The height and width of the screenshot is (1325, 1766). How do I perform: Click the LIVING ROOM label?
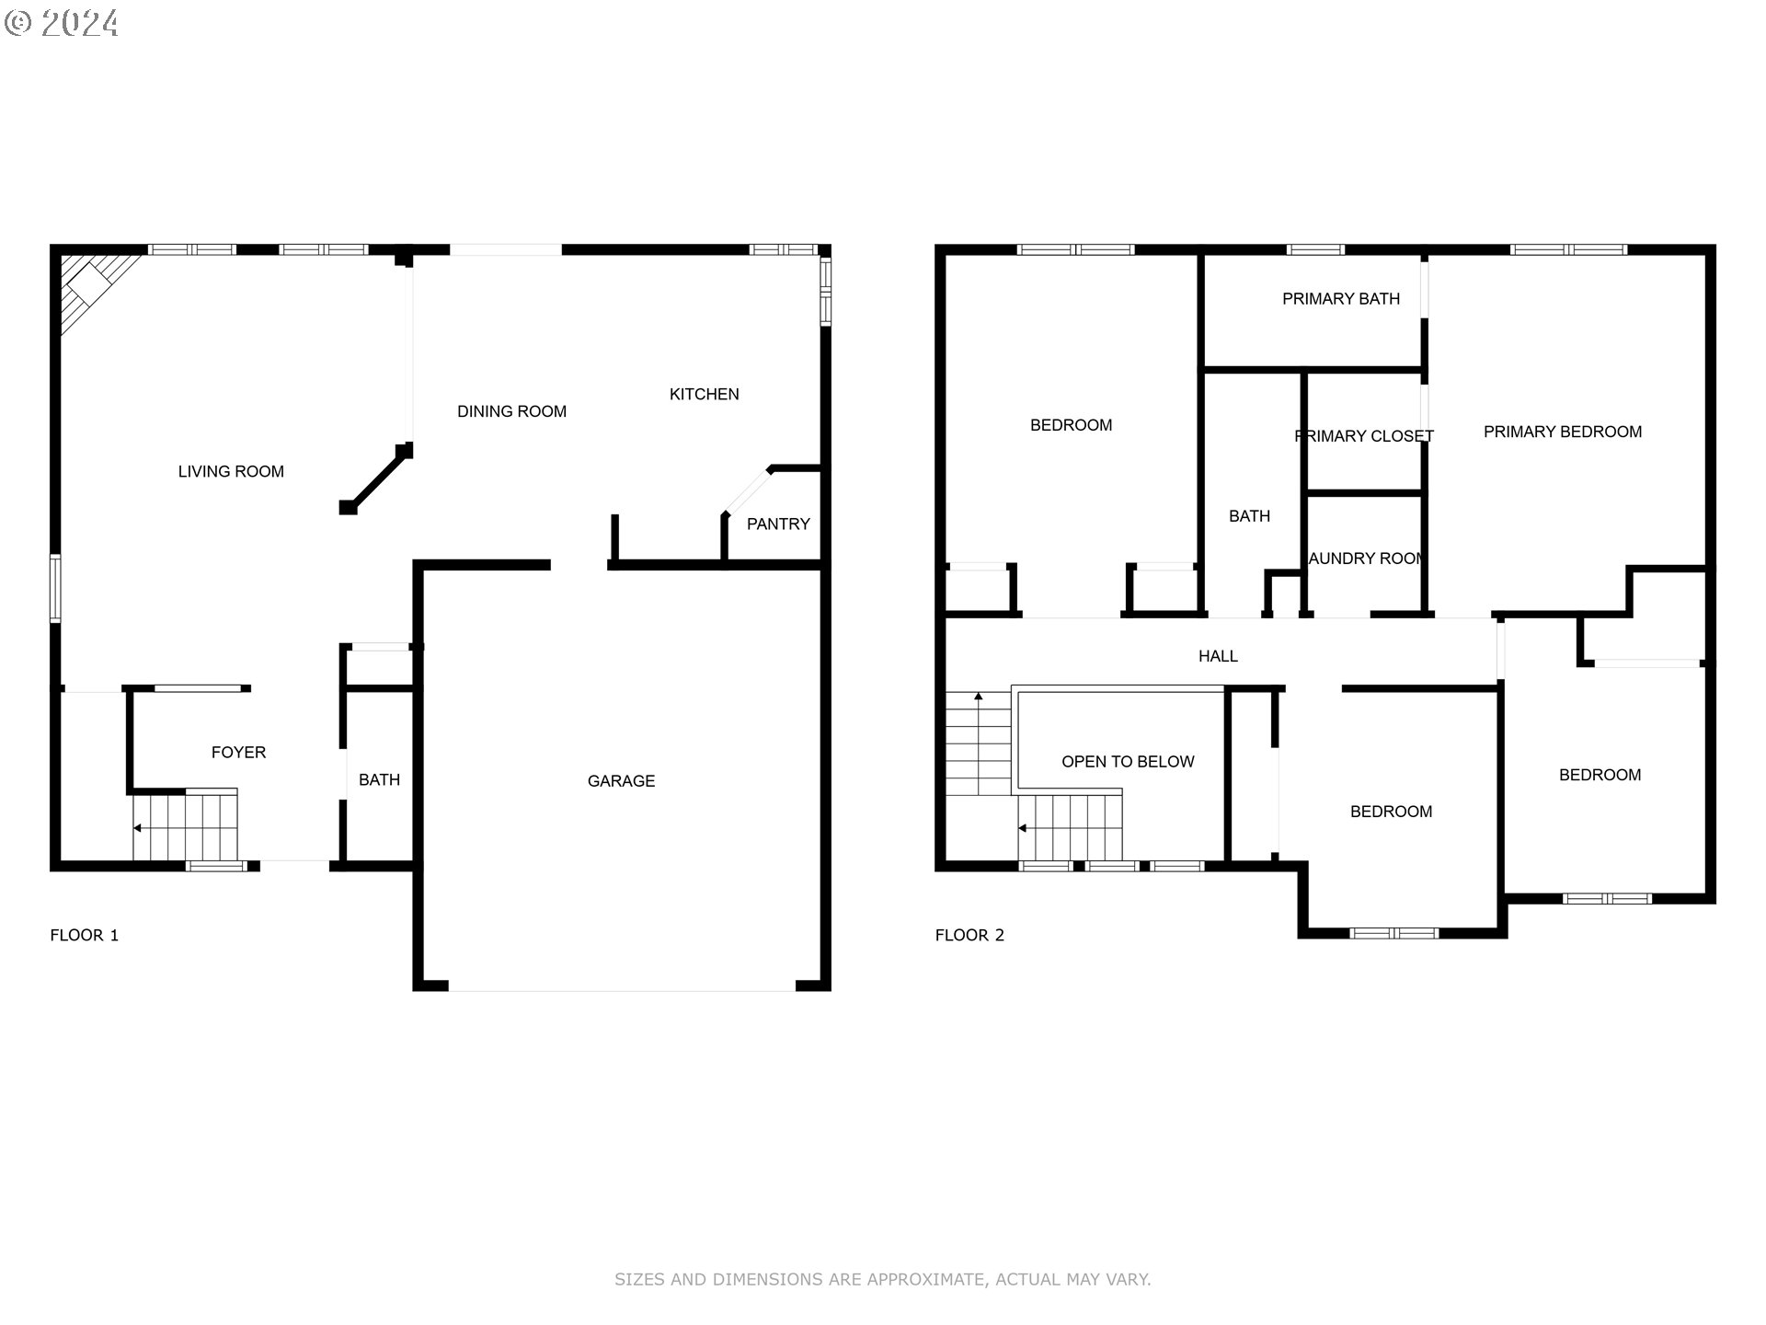(231, 472)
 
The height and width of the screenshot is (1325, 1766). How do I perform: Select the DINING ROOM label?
(511, 412)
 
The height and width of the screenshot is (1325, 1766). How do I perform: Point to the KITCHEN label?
(704, 395)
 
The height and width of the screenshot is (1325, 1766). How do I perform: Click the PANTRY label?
(778, 524)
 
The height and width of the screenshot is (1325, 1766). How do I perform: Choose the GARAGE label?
(621, 781)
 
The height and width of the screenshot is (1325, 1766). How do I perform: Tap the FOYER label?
(238, 753)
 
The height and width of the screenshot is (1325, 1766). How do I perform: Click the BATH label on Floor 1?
(379, 780)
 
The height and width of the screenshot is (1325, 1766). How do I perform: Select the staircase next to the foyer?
(186, 826)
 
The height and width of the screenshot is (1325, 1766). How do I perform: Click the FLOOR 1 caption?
(84, 936)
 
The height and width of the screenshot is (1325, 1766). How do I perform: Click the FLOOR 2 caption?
(969, 936)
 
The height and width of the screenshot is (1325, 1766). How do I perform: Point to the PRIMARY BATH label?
(1340, 299)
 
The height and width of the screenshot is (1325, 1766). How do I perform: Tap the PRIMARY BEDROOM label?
(1562, 432)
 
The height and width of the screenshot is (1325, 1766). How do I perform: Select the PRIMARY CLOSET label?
(1363, 436)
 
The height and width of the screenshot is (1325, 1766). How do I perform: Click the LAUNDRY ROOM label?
(1366, 559)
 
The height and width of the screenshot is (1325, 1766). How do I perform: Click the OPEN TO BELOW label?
(1128, 762)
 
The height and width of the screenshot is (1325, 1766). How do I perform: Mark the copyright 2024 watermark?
(62, 23)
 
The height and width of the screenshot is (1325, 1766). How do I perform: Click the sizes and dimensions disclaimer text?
(882, 1279)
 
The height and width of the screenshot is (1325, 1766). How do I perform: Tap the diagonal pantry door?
(747, 491)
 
